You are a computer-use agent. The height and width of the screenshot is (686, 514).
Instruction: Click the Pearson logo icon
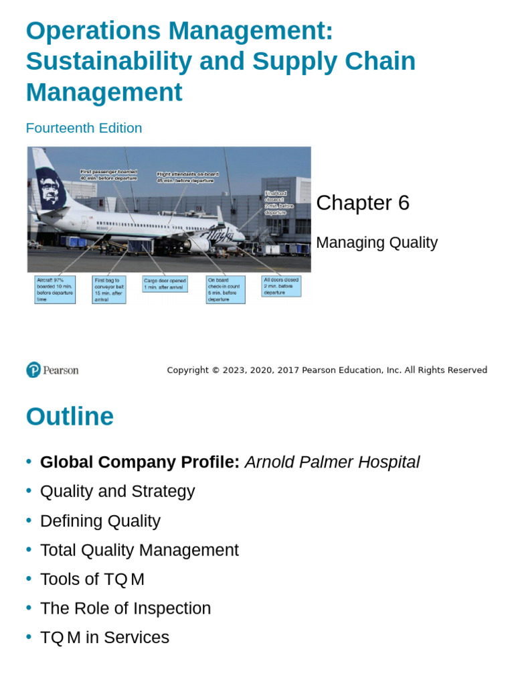click(33, 370)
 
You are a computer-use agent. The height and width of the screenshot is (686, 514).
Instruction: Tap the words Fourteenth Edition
click(84, 128)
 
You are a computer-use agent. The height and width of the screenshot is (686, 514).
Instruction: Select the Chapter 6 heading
click(362, 202)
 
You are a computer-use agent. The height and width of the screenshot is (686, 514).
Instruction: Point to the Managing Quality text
click(376, 243)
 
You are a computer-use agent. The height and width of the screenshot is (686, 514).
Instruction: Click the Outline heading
click(70, 417)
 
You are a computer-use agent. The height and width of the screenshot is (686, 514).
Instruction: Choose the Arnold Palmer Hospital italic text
click(332, 462)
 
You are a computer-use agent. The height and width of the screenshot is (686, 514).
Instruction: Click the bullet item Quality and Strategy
click(117, 491)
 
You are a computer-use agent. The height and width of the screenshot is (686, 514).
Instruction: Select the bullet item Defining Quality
click(100, 521)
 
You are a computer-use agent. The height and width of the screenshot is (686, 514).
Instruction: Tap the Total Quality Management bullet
click(139, 550)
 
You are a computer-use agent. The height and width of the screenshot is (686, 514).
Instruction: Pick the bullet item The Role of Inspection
click(125, 608)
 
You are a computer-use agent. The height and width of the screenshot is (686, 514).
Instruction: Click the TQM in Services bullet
click(104, 638)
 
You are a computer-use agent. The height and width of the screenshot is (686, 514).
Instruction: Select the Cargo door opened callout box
click(165, 284)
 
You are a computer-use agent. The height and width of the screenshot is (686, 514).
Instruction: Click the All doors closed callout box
click(281, 286)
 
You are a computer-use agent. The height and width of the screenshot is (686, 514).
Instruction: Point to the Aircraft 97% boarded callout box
click(55, 289)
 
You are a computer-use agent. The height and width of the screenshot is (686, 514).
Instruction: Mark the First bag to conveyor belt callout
click(109, 289)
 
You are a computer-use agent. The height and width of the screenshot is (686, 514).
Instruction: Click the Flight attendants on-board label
click(187, 177)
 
